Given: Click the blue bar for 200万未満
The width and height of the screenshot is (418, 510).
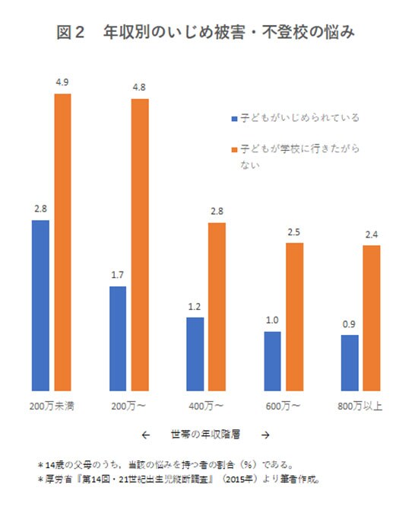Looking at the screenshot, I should tap(40, 305).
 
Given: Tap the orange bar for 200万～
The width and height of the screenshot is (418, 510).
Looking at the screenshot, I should tap(139, 244).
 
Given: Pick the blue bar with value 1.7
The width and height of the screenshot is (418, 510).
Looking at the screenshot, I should tap(118, 338).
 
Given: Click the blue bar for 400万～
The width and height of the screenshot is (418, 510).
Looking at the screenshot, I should tap(195, 353).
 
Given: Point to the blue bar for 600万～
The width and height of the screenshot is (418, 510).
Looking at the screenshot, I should tap(273, 361).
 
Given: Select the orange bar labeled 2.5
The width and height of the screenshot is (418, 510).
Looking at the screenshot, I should tap(294, 316).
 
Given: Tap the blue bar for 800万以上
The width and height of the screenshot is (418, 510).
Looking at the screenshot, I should tap(350, 362).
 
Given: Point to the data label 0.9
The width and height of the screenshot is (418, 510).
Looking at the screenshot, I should tap(350, 324).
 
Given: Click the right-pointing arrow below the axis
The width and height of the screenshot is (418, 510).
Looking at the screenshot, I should tap(264, 435).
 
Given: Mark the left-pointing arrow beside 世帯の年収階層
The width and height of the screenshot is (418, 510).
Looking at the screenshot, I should tap(145, 435).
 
